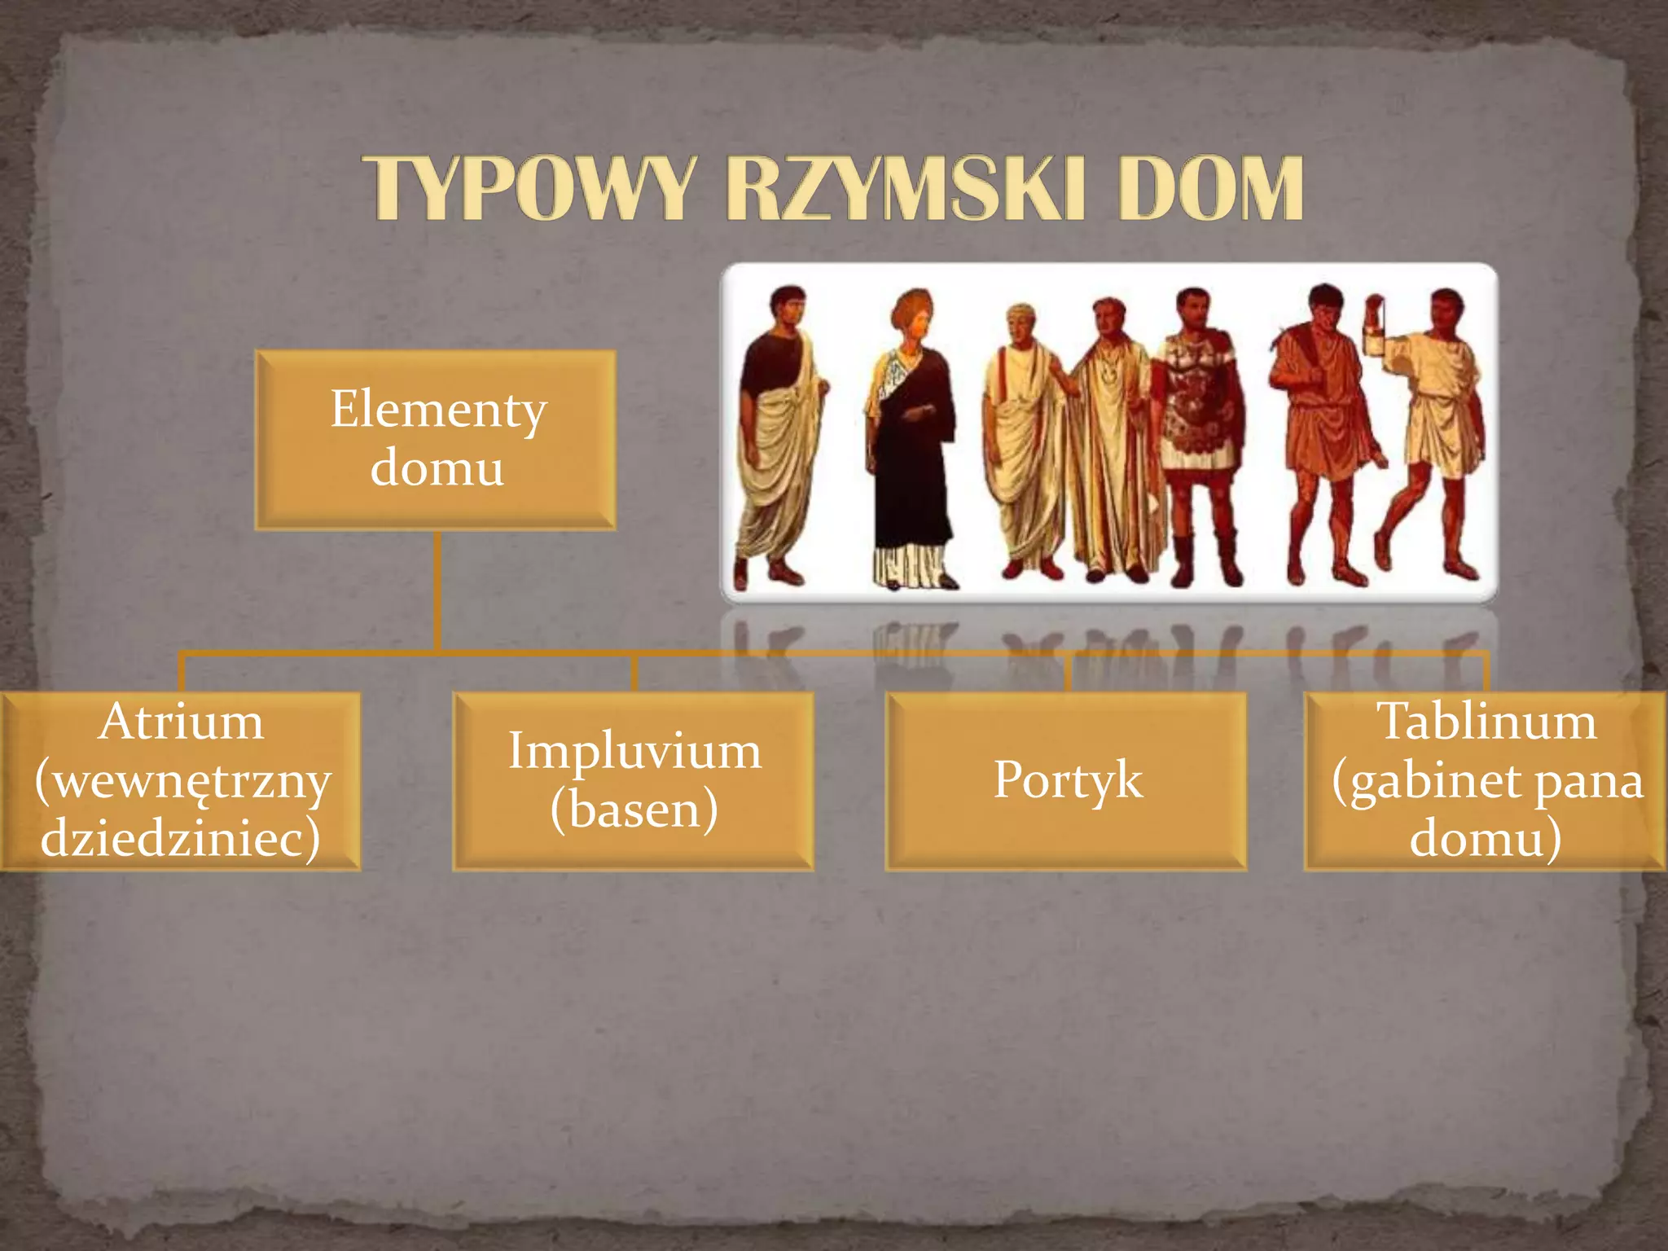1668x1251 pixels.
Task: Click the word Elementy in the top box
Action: [437, 409]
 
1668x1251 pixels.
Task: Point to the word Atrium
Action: [181, 722]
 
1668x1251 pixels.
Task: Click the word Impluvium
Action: [634, 750]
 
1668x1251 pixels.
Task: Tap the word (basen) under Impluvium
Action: [634, 809]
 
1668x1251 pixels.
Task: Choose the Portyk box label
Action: [1067, 779]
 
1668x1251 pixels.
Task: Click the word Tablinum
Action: [1486, 722]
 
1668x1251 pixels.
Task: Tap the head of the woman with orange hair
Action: [914, 315]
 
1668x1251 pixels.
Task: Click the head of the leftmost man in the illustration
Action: [787, 308]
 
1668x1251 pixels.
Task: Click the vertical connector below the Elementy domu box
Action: [437, 590]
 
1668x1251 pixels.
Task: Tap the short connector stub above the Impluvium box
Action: [634, 674]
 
